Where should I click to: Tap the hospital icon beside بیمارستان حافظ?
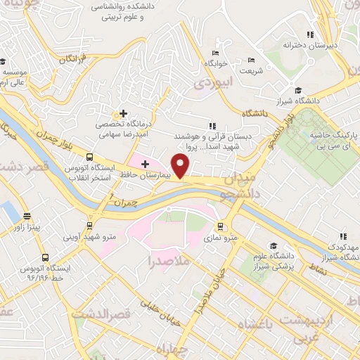point(145,164)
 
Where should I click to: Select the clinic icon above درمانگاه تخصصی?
point(123,112)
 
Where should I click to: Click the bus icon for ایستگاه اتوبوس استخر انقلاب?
point(89,157)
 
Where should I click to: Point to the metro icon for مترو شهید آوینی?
point(89,225)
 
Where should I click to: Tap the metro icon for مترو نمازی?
point(221,227)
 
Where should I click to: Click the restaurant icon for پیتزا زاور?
point(27,216)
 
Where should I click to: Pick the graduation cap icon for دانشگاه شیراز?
point(299,90)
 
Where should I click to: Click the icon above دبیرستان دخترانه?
point(309,34)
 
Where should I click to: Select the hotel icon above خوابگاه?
point(215,52)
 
